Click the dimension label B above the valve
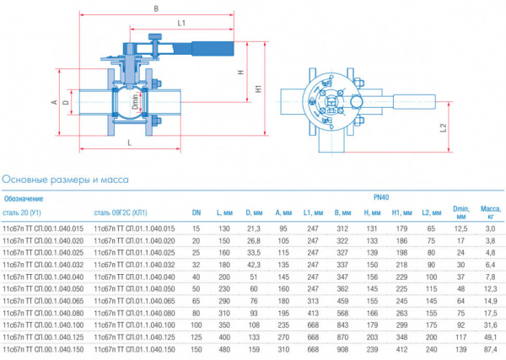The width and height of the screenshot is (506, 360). click(x=157, y=9)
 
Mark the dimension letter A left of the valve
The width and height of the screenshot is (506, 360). click(x=54, y=102)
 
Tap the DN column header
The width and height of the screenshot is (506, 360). click(x=196, y=212)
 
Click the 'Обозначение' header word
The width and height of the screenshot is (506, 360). click(x=24, y=198)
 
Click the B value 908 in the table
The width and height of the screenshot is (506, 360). click(x=342, y=348)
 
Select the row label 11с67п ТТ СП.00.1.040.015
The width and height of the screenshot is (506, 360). click(x=44, y=228)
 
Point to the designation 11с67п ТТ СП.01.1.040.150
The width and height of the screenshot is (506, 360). click(x=134, y=348)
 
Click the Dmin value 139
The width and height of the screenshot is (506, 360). click(x=460, y=348)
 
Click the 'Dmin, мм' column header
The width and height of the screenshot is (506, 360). click(x=461, y=211)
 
